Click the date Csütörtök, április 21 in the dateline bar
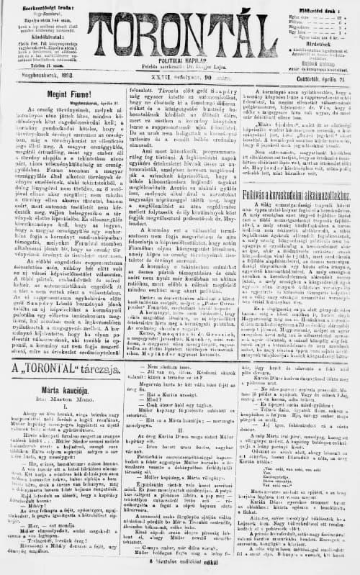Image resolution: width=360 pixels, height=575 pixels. coord(313,71)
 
